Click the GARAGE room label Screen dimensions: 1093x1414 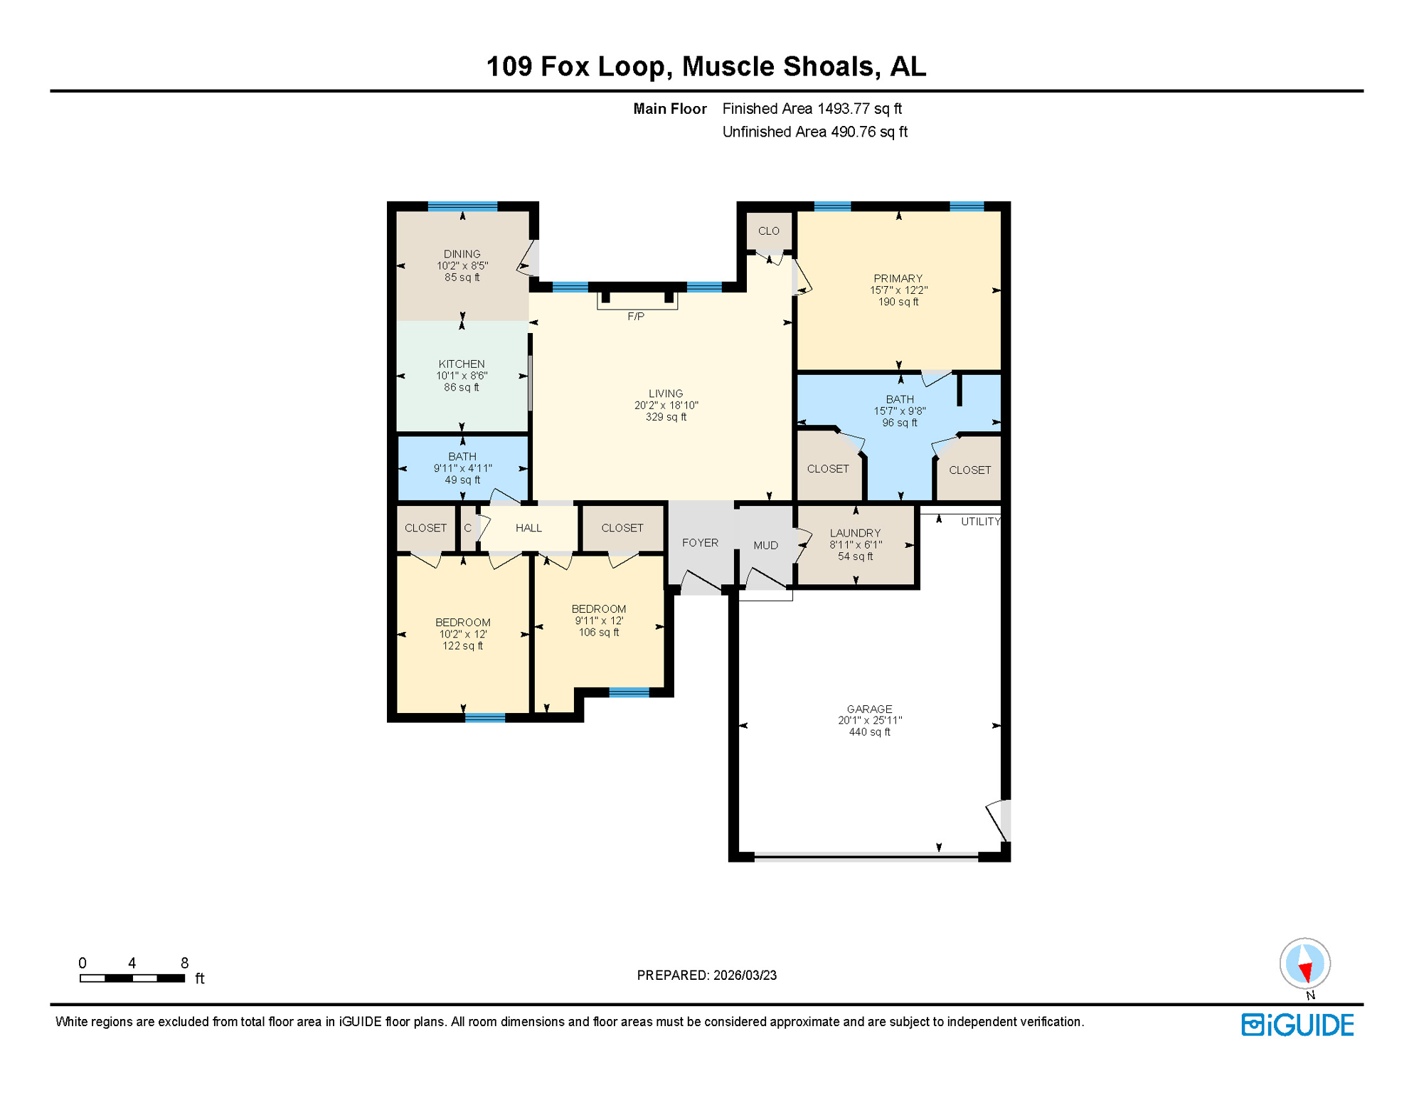pyautogui.click(x=869, y=709)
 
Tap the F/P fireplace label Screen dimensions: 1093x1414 pyautogui.click(x=636, y=317)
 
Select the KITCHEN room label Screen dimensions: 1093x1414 pyautogui.click(x=462, y=364)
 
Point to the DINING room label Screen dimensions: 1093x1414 pyautogui.click(x=462, y=254)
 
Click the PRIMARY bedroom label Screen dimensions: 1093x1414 pyautogui.click(x=898, y=279)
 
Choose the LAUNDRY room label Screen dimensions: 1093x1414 pyautogui.click(x=855, y=533)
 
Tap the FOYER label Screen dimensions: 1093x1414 pyautogui.click(x=700, y=543)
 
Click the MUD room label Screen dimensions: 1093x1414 pyautogui.click(x=765, y=546)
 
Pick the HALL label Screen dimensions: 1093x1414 pyautogui.click(x=528, y=528)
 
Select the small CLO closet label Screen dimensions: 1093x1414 pyautogui.click(x=768, y=231)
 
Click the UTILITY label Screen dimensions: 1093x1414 pyautogui.click(x=980, y=522)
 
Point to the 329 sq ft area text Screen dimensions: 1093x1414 pyautogui.click(x=666, y=418)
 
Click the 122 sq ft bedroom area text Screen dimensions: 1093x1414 pyautogui.click(x=462, y=646)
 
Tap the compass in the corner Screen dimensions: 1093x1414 pyautogui.click(x=1304, y=963)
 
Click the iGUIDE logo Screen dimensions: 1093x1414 pyautogui.click(x=1297, y=1025)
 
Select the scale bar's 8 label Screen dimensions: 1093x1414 pyautogui.click(x=184, y=963)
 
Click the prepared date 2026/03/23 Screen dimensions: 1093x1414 pyautogui.click(x=745, y=976)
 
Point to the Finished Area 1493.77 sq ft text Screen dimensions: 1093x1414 pyautogui.click(x=812, y=109)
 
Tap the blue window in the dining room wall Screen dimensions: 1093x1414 pyautogui.click(x=462, y=206)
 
